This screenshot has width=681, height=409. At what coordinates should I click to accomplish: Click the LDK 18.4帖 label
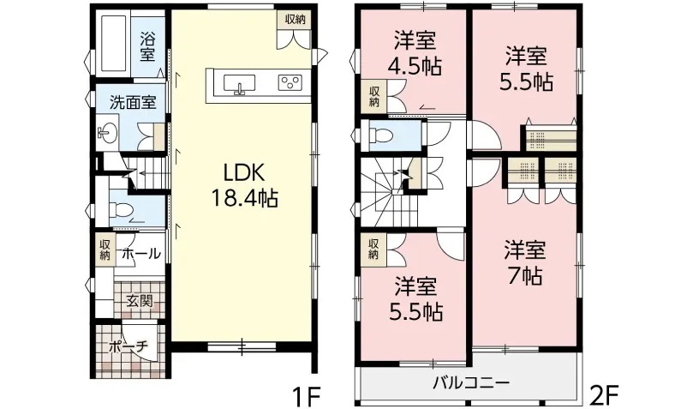coord(244,186)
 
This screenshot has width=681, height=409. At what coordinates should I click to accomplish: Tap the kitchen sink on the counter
coord(239,84)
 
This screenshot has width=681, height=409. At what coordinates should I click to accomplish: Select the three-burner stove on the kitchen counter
coord(290,82)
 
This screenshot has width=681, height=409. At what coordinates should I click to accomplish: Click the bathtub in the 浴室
coord(114,44)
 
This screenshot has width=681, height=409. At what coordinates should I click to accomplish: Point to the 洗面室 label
coord(133,103)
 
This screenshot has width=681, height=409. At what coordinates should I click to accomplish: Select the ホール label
coord(141,253)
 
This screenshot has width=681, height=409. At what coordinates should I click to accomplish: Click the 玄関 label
coord(140,300)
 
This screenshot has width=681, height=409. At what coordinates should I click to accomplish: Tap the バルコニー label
coord(471,383)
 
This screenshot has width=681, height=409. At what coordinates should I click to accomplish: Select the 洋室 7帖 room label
coord(524,262)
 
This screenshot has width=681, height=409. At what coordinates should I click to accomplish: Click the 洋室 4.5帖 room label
coord(415,54)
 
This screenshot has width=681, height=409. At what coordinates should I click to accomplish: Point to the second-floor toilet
coord(381,135)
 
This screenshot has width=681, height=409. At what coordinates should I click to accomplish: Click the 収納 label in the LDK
coord(296,19)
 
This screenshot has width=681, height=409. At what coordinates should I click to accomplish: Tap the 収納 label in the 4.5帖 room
coord(374,96)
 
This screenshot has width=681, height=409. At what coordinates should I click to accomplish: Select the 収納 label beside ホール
coord(105,250)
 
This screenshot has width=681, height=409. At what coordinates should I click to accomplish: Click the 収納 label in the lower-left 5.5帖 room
coord(374,249)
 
